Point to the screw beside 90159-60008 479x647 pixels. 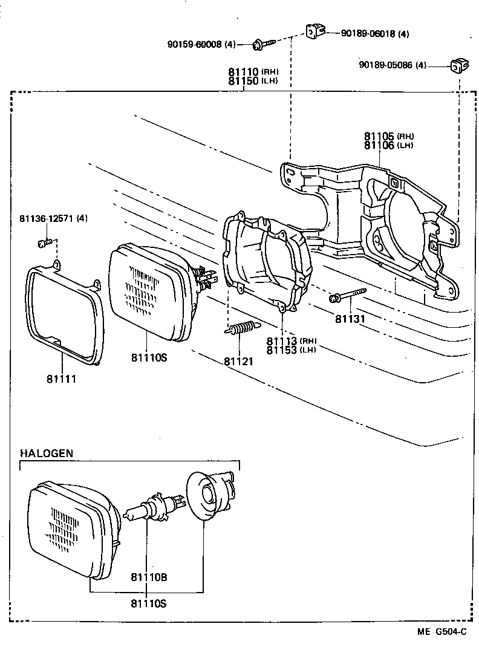(264, 43)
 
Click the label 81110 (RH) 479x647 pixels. (253, 72)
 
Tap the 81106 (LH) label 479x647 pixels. (388, 145)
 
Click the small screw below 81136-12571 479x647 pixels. (42, 243)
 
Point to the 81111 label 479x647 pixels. (62, 379)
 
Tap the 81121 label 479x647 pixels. (238, 361)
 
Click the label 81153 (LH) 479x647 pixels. (291, 350)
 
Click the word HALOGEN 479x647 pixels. (47, 453)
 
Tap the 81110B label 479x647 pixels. (149, 577)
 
